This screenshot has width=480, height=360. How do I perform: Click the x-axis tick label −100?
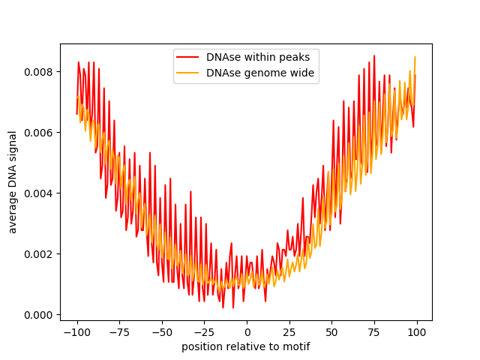point(76,332)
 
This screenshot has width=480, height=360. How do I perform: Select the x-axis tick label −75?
point(119,332)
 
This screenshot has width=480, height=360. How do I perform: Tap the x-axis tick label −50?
point(162,332)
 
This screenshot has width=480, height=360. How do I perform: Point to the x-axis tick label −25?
point(204,332)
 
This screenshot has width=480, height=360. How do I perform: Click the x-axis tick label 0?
point(247,332)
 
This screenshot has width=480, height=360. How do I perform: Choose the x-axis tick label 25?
point(289,332)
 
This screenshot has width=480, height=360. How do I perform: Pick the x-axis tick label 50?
point(332,332)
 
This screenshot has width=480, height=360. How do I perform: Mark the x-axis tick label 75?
point(374,332)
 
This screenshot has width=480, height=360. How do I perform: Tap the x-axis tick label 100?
point(417,332)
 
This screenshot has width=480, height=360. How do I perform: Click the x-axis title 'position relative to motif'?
point(246,346)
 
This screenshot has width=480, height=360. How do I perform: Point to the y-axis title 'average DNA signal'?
point(13,181)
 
